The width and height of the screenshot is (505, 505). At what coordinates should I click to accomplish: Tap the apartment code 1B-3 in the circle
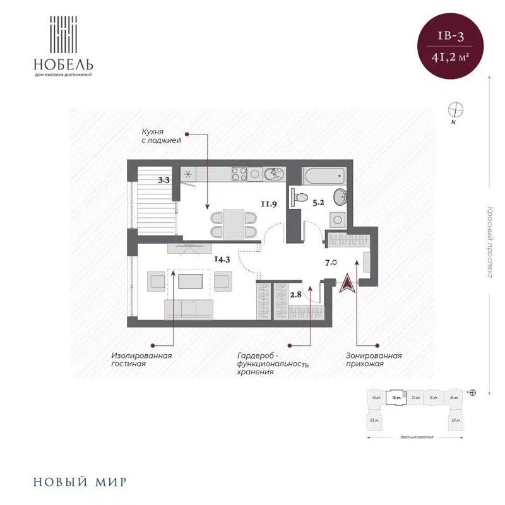[451, 35]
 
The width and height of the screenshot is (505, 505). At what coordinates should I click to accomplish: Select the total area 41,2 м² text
[451, 57]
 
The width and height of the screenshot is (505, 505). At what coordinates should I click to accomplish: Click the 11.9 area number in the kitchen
[270, 203]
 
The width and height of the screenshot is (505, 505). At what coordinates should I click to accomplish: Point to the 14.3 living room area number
[222, 258]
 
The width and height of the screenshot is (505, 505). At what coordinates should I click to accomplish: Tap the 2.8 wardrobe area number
[295, 294]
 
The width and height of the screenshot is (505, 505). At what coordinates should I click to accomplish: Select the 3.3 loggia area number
[164, 180]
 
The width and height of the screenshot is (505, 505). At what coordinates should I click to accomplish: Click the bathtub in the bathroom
[324, 174]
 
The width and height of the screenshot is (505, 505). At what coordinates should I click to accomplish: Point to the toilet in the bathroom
[299, 197]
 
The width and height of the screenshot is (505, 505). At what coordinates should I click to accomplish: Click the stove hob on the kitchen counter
[240, 174]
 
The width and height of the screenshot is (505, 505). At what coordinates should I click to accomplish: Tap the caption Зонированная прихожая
[374, 360]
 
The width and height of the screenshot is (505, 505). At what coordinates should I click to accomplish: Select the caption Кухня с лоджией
[162, 136]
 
